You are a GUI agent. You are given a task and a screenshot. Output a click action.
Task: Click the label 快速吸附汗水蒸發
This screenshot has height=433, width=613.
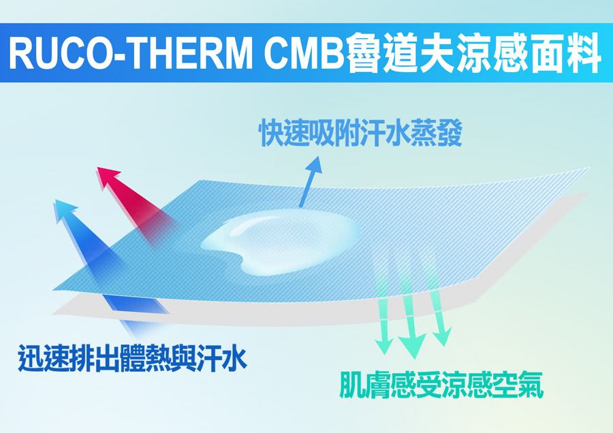tap(360, 133)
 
